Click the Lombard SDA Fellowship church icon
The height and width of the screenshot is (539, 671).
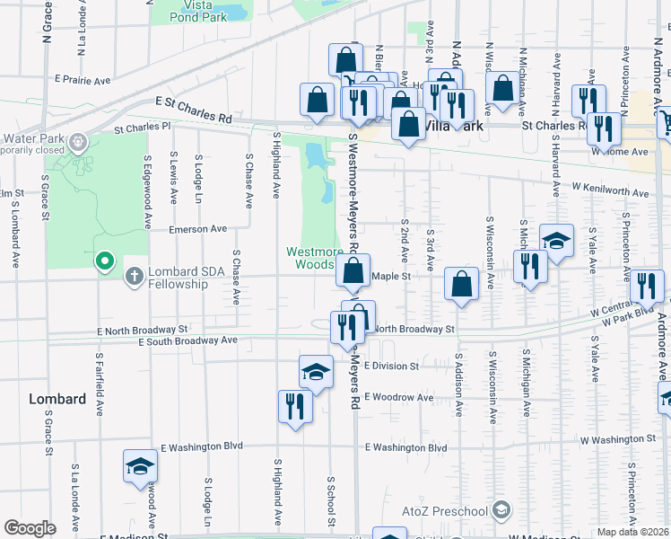pyautogui.click(x=135, y=276)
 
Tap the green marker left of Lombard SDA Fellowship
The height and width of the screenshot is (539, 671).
pyautogui.click(x=104, y=261)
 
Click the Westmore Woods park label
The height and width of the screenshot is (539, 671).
pyautogui.click(x=309, y=258)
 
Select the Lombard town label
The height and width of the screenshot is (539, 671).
pyautogui.click(x=57, y=399)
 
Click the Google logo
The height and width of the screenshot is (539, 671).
pyautogui.click(x=30, y=528)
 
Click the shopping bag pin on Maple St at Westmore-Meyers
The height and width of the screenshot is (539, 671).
pyautogui.click(x=353, y=270)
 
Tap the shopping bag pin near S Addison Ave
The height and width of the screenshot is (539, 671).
pyautogui.click(x=461, y=285)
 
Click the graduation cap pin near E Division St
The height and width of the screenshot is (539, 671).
pyautogui.click(x=316, y=372)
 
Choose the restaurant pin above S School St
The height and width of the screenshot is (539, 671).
pyautogui.click(x=294, y=406)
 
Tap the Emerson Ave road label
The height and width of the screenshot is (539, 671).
pyautogui.click(x=198, y=229)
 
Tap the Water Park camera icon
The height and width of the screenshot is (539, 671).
pyautogui.click(x=78, y=141)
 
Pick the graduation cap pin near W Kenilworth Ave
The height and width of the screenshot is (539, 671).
pyautogui.click(x=556, y=241)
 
